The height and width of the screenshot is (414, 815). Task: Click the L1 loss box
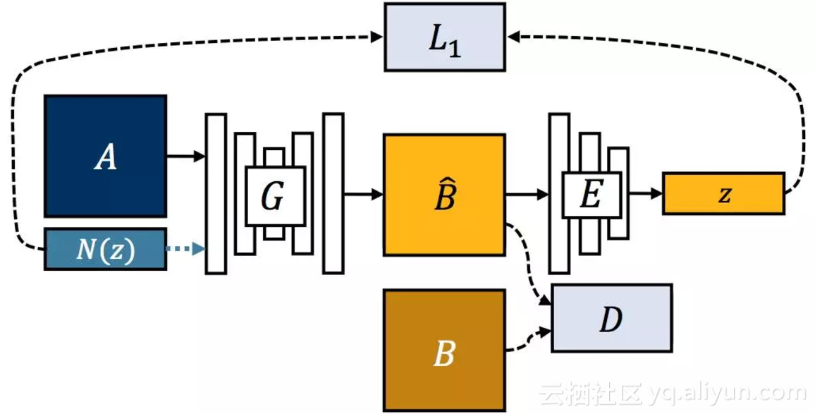[444, 37]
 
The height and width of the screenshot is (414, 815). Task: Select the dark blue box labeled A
[106, 156]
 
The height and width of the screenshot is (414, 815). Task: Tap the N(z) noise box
[106, 249]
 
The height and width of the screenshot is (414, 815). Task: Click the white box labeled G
[275, 195]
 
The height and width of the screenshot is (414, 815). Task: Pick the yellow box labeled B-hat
[444, 195]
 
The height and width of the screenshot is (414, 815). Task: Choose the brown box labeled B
[444, 351]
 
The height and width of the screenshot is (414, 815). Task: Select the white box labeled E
[592, 195]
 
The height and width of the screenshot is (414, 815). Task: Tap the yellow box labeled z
[723, 193]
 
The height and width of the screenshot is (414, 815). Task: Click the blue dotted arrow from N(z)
[185, 248]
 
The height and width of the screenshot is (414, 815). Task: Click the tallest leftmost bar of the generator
[216, 193]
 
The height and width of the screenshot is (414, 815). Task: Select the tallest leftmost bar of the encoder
[559, 193]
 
